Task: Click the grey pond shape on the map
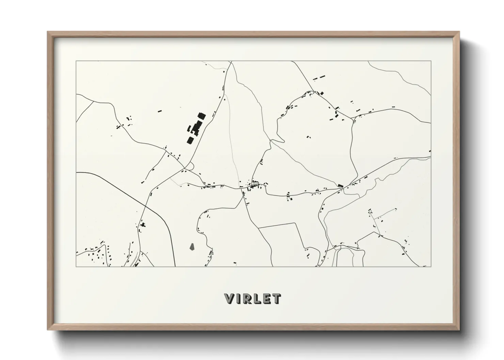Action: tap(192, 246)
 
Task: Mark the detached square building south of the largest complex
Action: tap(190, 140)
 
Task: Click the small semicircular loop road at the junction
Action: tap(189, 166)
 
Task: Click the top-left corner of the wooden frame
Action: tap(48, 32)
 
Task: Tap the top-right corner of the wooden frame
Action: tap(459, 32)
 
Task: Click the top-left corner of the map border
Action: tap(76, 61)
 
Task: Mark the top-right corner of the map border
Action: tap(431, 61)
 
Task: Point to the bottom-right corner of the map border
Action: tap(431, 266)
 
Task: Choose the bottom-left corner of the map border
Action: tap(76, 266)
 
